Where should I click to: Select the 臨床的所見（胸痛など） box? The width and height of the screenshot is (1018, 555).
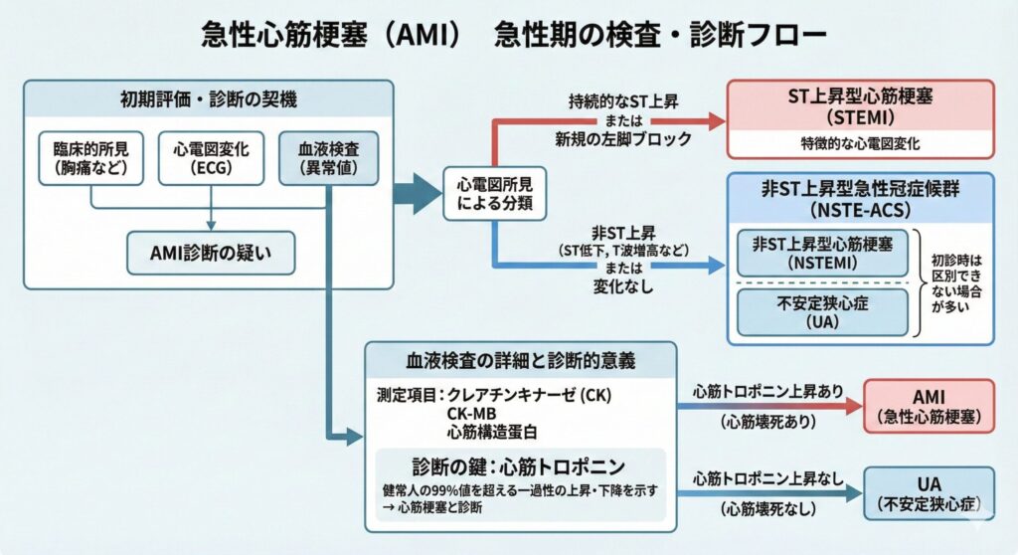pos(91,158)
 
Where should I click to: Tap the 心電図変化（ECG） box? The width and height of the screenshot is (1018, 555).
pos(211,158)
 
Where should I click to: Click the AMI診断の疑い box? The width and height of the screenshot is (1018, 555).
pos(212,253)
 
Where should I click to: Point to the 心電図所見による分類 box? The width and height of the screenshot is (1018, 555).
pos(494,193)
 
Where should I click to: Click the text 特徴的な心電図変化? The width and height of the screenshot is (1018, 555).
pos(860,143)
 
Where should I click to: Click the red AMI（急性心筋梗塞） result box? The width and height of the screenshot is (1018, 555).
pos(929,404)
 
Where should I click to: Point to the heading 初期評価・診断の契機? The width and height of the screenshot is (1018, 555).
pos(208,99)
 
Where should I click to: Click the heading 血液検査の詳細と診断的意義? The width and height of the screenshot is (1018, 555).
pos(521,359)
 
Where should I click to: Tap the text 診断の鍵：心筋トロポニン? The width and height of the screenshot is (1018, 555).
pos(519,465)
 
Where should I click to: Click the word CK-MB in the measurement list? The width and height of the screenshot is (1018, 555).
pos(470,412)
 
